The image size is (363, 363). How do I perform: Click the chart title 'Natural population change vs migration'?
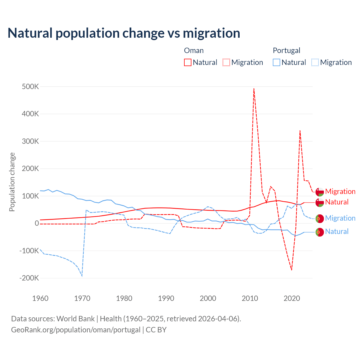pyautogui.click(x=124, y=33)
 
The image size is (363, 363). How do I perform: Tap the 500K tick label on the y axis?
pyautogui.click(x=30, y=86)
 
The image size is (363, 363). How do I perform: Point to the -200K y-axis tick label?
pyautogui.click(x=29, y=278)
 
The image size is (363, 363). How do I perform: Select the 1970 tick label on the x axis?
pyautogui.click(x=82, y=298)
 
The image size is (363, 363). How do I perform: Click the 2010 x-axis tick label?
pyautogui.click(x=250, y=298)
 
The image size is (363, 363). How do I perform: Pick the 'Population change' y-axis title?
pyautogui.click(x=12, y=182)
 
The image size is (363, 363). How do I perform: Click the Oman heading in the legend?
pyautogui.click(x=194, y=50)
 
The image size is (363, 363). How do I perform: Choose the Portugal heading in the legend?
pyautogui.click(x=286, y=50)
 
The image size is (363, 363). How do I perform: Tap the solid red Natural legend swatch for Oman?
pyautogui.click(x=188, y=62)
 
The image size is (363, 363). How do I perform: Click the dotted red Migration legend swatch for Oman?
pyautogui.click(x=226, y=62)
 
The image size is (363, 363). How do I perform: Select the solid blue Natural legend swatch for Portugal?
pyautogui.click(x=277, y=62)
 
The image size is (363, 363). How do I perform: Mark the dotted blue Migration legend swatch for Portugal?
pyautogui.click(x=315, y=62)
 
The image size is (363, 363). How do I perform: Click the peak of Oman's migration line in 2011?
pyautogui.click(x=254, y=89)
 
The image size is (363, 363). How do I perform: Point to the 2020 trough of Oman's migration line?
pyautogui.click(x=292, y=270)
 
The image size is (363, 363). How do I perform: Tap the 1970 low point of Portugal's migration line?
pyautogui.click(x=82, y=276)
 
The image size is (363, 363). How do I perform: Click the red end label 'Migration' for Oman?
pyautogui.click(x=340, y=191)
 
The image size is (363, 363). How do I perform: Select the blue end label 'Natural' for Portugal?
pyautogui.click(x=337, y=231)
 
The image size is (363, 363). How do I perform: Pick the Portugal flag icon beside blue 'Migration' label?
pyautogui.click(x=320, y=218)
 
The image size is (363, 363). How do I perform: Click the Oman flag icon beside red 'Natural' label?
pyautogui.click(x=320, y=202)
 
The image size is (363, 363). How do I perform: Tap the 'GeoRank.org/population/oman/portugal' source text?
pyautogui.click(x=76, y=330)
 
